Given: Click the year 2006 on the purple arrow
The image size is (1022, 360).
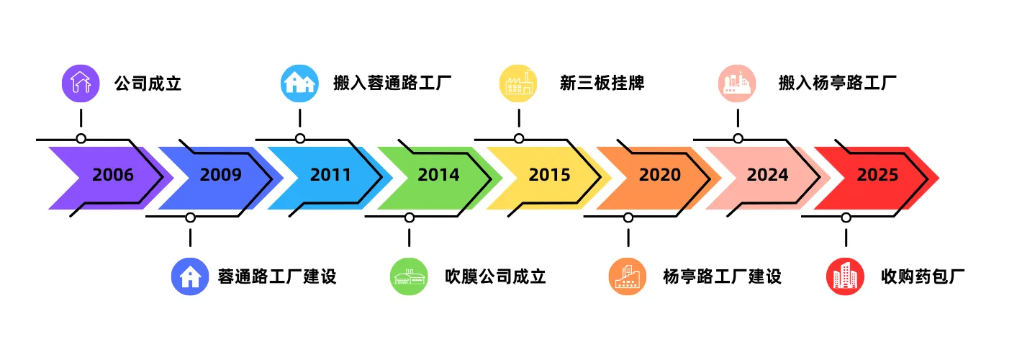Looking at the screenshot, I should tap(113, 175).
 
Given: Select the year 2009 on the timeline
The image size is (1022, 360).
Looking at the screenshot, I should tap(221, 175).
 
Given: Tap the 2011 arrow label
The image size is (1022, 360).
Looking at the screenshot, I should tap(331, 175).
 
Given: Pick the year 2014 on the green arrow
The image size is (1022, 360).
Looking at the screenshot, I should tap(438, 175).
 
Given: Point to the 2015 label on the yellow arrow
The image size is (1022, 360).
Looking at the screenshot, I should tap(549, 175).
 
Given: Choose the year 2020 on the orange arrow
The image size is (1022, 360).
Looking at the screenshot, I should tap(659, 175).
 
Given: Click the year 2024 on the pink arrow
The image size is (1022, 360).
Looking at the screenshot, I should tap(767, 175).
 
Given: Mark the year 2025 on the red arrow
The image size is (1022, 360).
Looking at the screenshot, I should tap(877, 175).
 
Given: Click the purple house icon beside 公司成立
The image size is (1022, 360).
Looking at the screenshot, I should tap(81, 84).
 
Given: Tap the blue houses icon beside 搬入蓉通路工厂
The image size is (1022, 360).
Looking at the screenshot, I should tap(299, 84).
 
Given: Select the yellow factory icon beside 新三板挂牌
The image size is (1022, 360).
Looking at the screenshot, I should tap(518, 84).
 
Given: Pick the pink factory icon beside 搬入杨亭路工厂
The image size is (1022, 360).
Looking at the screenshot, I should tap(737, 84).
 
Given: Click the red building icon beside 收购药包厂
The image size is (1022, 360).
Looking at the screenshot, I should tap(845, 276).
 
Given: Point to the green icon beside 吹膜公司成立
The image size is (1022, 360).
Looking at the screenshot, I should tap(409, 276).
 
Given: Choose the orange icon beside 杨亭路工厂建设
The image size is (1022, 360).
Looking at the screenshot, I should tap(628, 276).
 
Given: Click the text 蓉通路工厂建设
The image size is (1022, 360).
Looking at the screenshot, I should tap(277, 276).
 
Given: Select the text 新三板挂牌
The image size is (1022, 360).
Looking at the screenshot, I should tap(602, 84).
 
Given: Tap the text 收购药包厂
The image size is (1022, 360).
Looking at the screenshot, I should tap(922, 276).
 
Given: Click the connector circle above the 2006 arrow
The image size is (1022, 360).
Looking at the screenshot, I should tap(81, 138).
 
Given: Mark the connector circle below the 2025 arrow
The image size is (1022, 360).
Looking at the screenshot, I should tap(846, 217).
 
